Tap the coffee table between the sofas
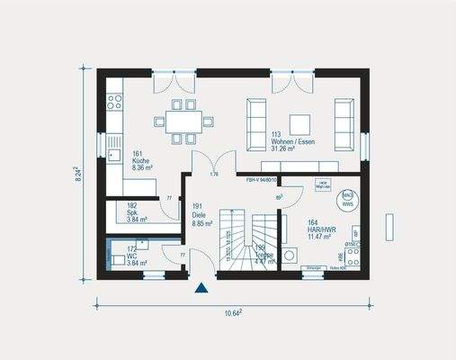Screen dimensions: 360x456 [x=298, y=121]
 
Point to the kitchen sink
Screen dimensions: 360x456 [x=114, y=141]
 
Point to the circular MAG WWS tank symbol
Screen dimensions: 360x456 [x=347, y=195]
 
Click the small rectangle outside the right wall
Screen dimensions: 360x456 [x=389, y=226]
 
